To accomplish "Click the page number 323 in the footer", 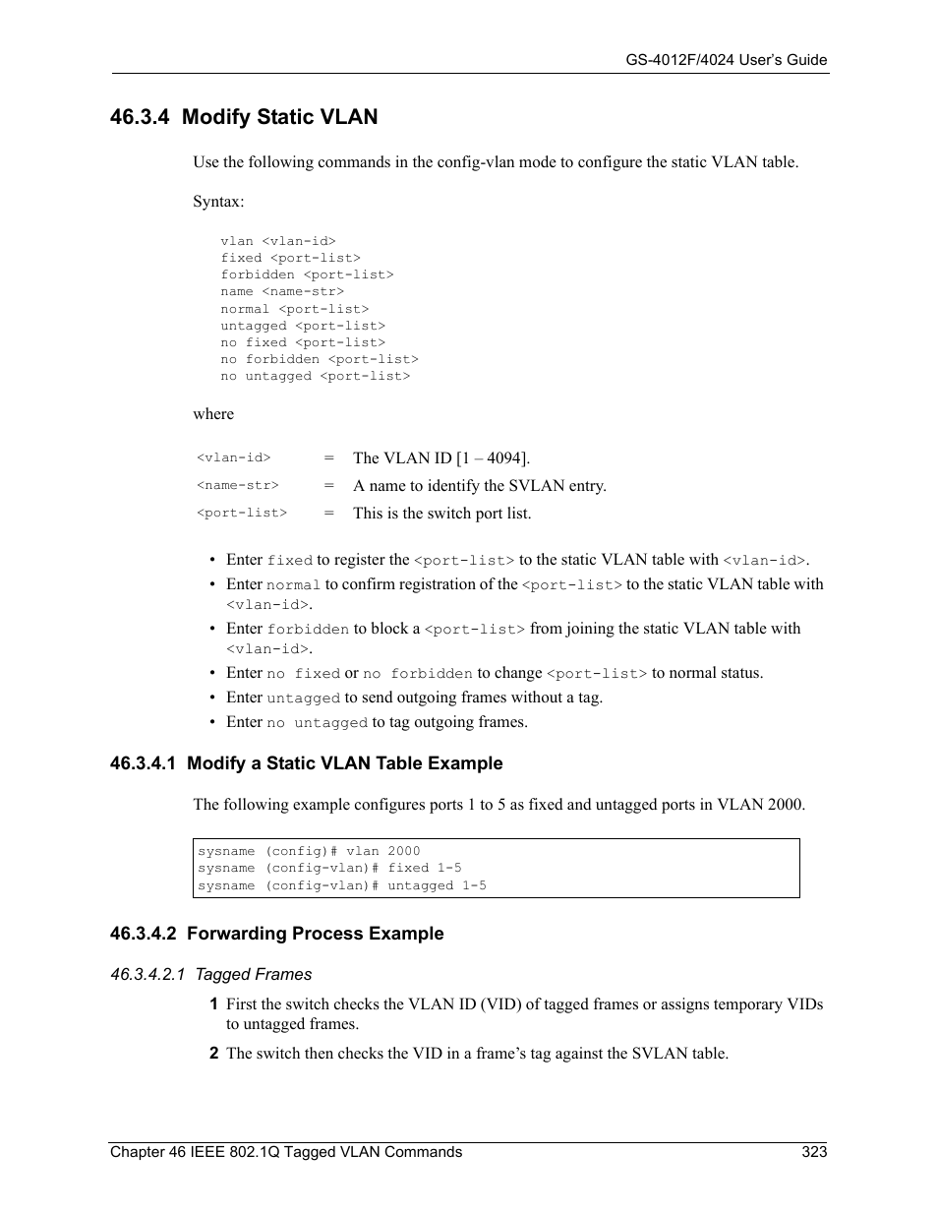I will point(814,1151).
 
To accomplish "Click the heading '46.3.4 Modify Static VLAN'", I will point(244,117).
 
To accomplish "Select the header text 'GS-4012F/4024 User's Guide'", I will point(727,60).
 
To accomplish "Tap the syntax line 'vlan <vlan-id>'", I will point(278,241).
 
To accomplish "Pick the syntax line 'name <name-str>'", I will point(282,291).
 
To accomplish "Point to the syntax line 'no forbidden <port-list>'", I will point(320,359).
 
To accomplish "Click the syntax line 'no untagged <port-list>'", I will point(316,376).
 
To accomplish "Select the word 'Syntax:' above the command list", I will point(218,201).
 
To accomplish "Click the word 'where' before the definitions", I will point(213,413).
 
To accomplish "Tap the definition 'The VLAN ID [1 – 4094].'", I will point(441,457).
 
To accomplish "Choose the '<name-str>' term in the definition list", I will point(238,485).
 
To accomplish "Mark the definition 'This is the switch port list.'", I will point(441,513).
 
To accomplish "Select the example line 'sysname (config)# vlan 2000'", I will point(309,851).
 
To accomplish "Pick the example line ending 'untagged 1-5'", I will point(342,885).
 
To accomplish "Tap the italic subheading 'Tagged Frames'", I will point(253,974).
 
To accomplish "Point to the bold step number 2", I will point(213,1053).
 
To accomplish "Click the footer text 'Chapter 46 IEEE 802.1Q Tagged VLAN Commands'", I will point(286,1151).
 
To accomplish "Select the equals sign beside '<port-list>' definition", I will point(329,513).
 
